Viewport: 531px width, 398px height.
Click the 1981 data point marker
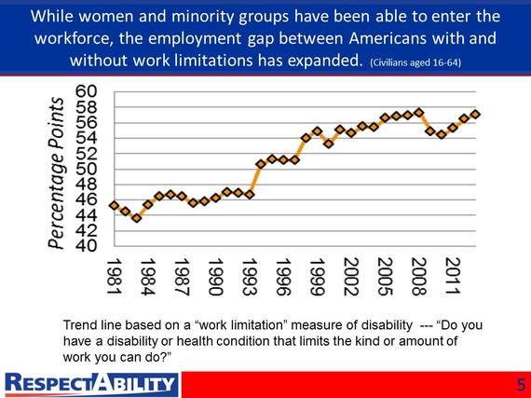point(115,206)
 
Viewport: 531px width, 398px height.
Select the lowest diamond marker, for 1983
point(137,218)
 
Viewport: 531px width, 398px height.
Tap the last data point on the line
point(475,114)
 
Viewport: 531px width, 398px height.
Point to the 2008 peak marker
point(419,113)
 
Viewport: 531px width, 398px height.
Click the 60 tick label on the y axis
point(87,91)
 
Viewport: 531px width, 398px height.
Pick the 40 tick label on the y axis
point(87,246)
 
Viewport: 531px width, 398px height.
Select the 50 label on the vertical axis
point(87,169)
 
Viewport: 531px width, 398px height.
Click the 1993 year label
point(250,277)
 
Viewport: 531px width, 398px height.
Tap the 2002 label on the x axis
point(351,277)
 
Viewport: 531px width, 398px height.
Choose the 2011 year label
point(453,276)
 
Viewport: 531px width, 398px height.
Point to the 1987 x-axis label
point(182,277)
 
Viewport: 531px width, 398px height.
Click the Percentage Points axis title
point(56,173)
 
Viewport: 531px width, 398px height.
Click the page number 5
point(522,386)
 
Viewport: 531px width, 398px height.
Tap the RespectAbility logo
point(91,385)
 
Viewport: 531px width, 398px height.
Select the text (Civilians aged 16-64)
point(415,62)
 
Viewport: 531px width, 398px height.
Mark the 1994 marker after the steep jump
point(261,164)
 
